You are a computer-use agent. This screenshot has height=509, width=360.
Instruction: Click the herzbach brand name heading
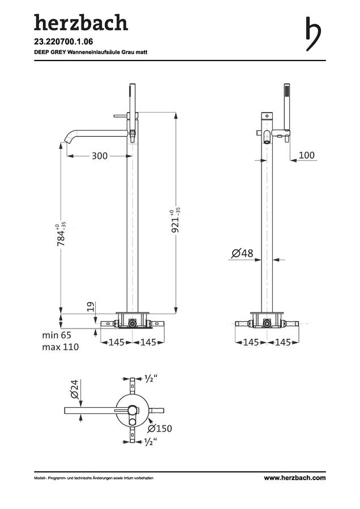point(81,23)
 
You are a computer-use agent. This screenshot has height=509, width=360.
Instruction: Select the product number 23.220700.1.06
point(64,41)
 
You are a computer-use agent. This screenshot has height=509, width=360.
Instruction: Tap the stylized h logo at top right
point(313,34)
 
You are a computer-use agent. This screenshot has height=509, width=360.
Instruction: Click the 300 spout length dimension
point(100,156)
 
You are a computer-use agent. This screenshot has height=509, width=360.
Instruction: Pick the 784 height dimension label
point(61,234)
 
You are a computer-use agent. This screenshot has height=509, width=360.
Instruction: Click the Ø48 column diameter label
point(242,253)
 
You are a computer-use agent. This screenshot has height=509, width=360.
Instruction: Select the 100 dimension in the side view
point(307,155)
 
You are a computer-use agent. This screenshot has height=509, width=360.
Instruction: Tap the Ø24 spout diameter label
point(74,389)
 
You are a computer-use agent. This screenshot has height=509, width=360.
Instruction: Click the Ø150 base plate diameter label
point(160,429)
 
